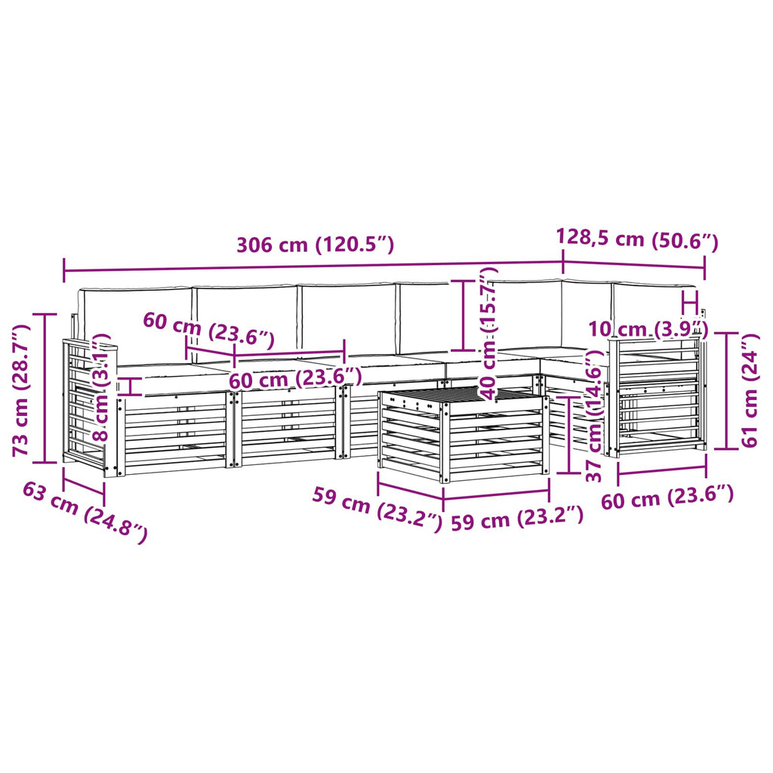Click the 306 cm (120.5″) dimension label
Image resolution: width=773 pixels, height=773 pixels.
click(x=316, y=245)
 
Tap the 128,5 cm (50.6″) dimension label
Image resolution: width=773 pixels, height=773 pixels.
click(x=637, y=239)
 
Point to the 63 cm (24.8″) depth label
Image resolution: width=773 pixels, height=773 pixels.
click(x=85, y=513)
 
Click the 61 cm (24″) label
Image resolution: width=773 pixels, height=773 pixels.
click(x=750, y=390)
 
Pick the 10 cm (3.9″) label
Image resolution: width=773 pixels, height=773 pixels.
click(x=648, y=328)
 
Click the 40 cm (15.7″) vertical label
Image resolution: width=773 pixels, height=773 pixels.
click(x=488, y=333)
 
